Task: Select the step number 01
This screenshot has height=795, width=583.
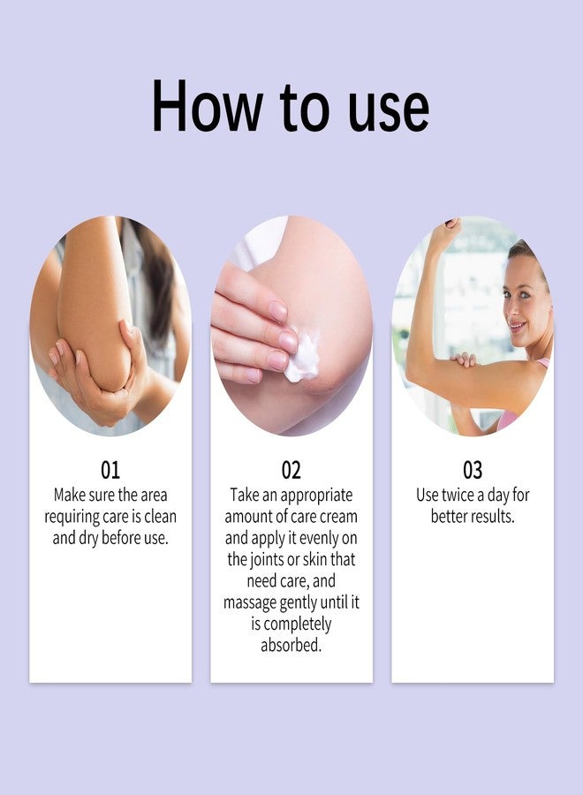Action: [x=110, y=470]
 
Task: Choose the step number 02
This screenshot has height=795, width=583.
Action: [x=291, y=470]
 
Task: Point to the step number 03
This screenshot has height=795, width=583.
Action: [x=473, y=470]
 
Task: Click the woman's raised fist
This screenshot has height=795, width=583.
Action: [x=444, y=234]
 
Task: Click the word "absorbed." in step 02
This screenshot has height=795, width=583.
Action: [x=291, y=645]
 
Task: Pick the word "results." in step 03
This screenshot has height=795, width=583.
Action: [x=492, y=516]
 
